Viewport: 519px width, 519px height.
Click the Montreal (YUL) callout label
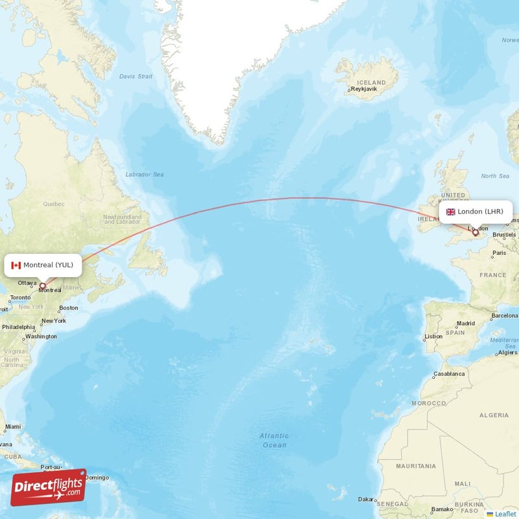[x=43, y=265]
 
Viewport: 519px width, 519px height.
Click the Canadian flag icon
[x=16, y=265]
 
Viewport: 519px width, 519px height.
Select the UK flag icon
[x=450, y=211]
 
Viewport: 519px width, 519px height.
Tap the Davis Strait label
[x=136, y=76]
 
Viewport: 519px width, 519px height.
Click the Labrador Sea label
[x=144, y=175]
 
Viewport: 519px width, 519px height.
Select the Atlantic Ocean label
[x=274, y=441]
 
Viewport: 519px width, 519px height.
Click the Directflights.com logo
[x=48, y=487]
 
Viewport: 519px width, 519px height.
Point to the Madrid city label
[x=466, y=323]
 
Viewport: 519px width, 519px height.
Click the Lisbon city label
[x=433, y=337]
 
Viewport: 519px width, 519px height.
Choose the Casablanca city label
[x=449, y=374]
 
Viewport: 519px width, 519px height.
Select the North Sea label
[x=495, y=176]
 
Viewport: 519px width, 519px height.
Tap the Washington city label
[x=42, y=337]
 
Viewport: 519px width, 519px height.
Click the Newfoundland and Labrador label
[x=122, y=219]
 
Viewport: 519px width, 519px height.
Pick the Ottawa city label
[x=27, y=283]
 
